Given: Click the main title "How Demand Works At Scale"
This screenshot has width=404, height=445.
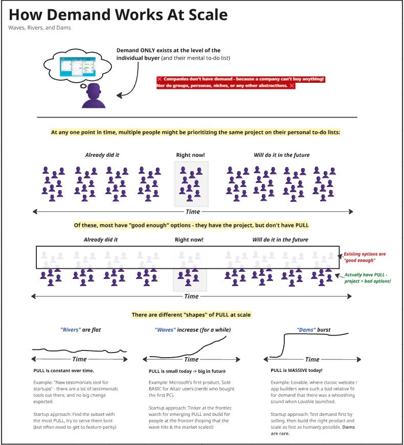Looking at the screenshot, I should (x=118, y=14).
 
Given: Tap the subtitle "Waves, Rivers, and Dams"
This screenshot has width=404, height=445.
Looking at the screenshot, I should (x=39, y=28).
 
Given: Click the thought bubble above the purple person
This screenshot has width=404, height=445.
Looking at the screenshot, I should (x=76, y=64).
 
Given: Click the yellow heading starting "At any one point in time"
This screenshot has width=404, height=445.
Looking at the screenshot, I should (x=195, y=132).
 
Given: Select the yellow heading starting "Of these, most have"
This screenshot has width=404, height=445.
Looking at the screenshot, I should (x=191, y=225).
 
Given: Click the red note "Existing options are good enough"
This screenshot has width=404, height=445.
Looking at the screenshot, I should (x=364, y=257).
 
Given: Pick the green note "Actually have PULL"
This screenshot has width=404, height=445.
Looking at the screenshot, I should (x=367, y=278).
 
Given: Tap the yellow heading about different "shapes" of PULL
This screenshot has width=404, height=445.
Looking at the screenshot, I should (x=191, y=315).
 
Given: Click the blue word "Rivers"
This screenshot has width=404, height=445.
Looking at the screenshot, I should (x=70, y=330).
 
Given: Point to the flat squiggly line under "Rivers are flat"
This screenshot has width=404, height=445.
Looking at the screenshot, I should (x=79, y=350).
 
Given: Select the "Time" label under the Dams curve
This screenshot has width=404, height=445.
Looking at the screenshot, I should (x=312, y=359).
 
